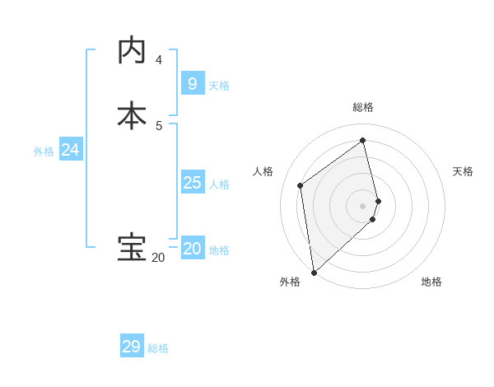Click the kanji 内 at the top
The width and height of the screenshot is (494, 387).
[x=132, y=50]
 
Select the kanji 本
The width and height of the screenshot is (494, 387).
[x=132, y=114]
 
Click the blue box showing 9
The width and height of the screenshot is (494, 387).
[x=192, y=83]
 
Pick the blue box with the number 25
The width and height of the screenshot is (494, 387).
[x=192, y=182]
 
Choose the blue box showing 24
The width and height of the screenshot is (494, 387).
[x=70, y=150]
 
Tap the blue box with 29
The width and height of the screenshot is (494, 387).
[x=131, y=347]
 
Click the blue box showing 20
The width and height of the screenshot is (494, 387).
[x=192, y=249]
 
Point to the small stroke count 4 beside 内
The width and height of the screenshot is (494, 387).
[x=159, y=60]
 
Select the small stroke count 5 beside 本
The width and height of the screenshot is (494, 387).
[x=159, y=126]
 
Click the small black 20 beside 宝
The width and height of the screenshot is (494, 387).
[x=158, y=258]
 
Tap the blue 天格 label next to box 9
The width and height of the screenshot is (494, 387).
[x=219, y=86]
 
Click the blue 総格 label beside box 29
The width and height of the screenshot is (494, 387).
[x=158, y=349]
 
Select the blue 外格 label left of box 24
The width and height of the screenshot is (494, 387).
[x=44, y=152]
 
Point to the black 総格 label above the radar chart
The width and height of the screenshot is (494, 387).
[x=363, y=107]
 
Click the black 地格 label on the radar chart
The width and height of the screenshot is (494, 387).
[x=431, y=282]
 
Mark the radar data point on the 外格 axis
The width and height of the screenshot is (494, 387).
[x=313, y=272]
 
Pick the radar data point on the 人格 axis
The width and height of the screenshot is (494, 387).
[x=301, y=185]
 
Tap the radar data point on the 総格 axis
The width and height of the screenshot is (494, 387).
[x=363, y=140]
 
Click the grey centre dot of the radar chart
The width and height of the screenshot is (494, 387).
[x=363, y=205]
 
